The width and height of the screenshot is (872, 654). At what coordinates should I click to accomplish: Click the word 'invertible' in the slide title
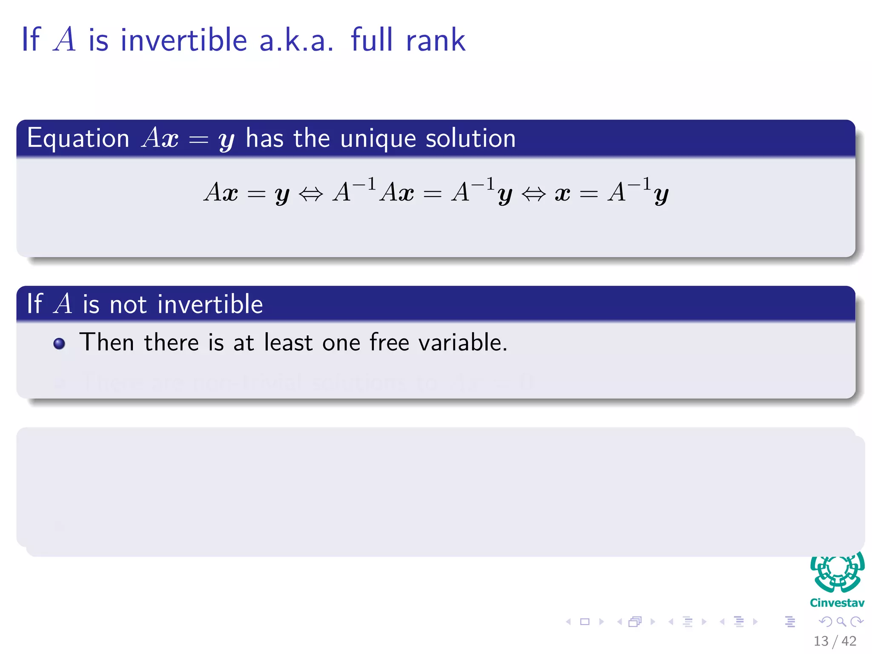click(184, 40)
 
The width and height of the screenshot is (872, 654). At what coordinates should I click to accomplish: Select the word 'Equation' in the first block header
click(78, 138)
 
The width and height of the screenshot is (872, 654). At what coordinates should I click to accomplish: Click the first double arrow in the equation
click(311, 194)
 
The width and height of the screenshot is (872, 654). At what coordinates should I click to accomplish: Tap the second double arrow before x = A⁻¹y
click(533, 194)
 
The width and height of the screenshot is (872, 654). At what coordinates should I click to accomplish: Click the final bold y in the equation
click(661, 195)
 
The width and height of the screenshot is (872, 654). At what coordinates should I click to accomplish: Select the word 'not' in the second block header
click(128, 304)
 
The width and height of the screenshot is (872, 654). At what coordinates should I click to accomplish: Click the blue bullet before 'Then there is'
click(59, 344)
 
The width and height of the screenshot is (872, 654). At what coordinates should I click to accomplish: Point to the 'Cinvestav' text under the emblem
click(837, 603)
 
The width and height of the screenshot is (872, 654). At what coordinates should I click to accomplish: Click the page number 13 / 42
click(835, 641)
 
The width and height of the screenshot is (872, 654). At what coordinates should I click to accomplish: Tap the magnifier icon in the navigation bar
click(841, 622)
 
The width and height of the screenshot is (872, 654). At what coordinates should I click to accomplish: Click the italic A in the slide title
click(65, 40)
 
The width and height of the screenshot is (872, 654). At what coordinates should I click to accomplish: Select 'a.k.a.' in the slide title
click(296, 40)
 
